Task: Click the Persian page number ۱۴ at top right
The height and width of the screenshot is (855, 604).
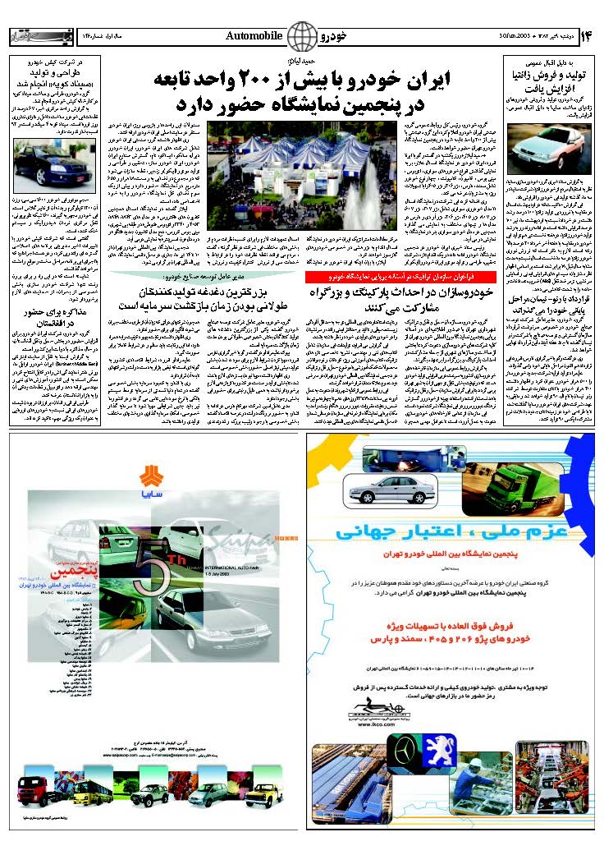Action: (x=586, y=37)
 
